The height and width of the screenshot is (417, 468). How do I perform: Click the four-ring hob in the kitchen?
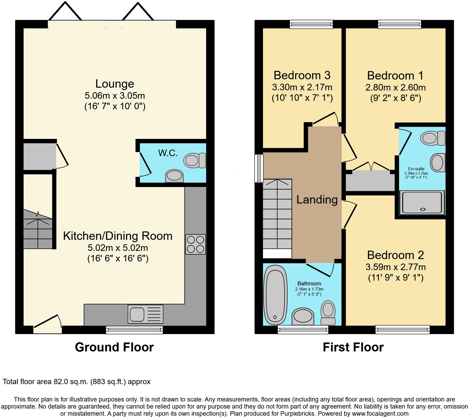(195, 244)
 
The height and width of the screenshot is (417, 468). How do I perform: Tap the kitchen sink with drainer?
(145, 314)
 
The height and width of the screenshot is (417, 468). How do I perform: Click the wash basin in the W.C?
(174, 176)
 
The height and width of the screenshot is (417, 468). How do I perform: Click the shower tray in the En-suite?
(422, 202)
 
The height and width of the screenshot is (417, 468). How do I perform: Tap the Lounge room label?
(115, 84)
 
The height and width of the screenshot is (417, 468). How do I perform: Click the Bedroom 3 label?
(302, 75)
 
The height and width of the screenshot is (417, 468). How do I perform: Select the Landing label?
(317, 200)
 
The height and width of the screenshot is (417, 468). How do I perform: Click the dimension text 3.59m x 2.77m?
(395, 267)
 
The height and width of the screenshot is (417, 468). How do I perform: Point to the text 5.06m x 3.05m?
(115, 95)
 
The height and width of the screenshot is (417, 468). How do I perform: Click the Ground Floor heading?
(114, 347)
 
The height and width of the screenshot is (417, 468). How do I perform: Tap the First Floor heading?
(353, 347)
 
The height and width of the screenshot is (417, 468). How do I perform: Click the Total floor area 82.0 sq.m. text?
(76, 381)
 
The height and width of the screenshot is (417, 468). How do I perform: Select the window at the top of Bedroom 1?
(399, 24)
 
